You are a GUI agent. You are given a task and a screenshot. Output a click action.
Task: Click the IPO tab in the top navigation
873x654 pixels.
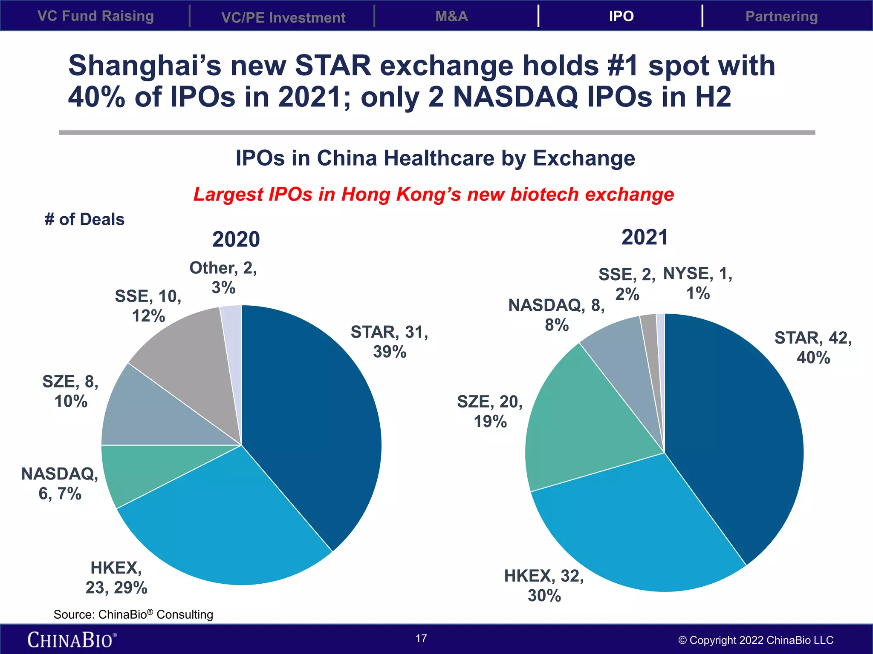[x=621, y=16]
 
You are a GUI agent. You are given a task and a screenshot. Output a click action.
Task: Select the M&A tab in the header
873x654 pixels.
[x=451, y=16]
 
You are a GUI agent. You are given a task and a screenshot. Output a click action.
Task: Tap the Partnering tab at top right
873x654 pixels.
[x=781, y=16]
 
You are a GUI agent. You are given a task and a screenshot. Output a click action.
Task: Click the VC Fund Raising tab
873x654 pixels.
[x=95, y=16]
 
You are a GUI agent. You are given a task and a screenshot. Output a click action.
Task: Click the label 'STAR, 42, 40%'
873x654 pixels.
[x=813, y=347]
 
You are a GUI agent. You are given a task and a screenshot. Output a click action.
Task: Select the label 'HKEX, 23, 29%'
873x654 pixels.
[x=116, y=577]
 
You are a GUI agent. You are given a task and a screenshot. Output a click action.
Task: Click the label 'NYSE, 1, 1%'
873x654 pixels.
[x=698, y=283]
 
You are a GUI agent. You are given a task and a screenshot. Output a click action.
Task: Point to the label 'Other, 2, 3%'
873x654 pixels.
[x=223, y=278]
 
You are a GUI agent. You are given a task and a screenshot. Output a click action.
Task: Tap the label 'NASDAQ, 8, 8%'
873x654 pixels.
[x=556, y=315]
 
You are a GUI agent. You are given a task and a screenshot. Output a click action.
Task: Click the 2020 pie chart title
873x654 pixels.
[x=236, y=239]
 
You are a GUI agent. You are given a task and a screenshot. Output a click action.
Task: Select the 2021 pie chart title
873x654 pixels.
[x=645, y=237]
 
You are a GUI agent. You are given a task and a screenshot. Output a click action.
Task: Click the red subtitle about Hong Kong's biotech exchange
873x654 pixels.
[x=434, y=194]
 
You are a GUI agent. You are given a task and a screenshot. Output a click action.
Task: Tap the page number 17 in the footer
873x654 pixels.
[x=421, y=638]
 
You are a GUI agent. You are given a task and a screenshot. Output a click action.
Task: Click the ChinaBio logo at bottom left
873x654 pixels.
[x=72, y=640]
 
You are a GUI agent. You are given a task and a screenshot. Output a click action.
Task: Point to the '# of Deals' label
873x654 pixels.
[x=84, y=219]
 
